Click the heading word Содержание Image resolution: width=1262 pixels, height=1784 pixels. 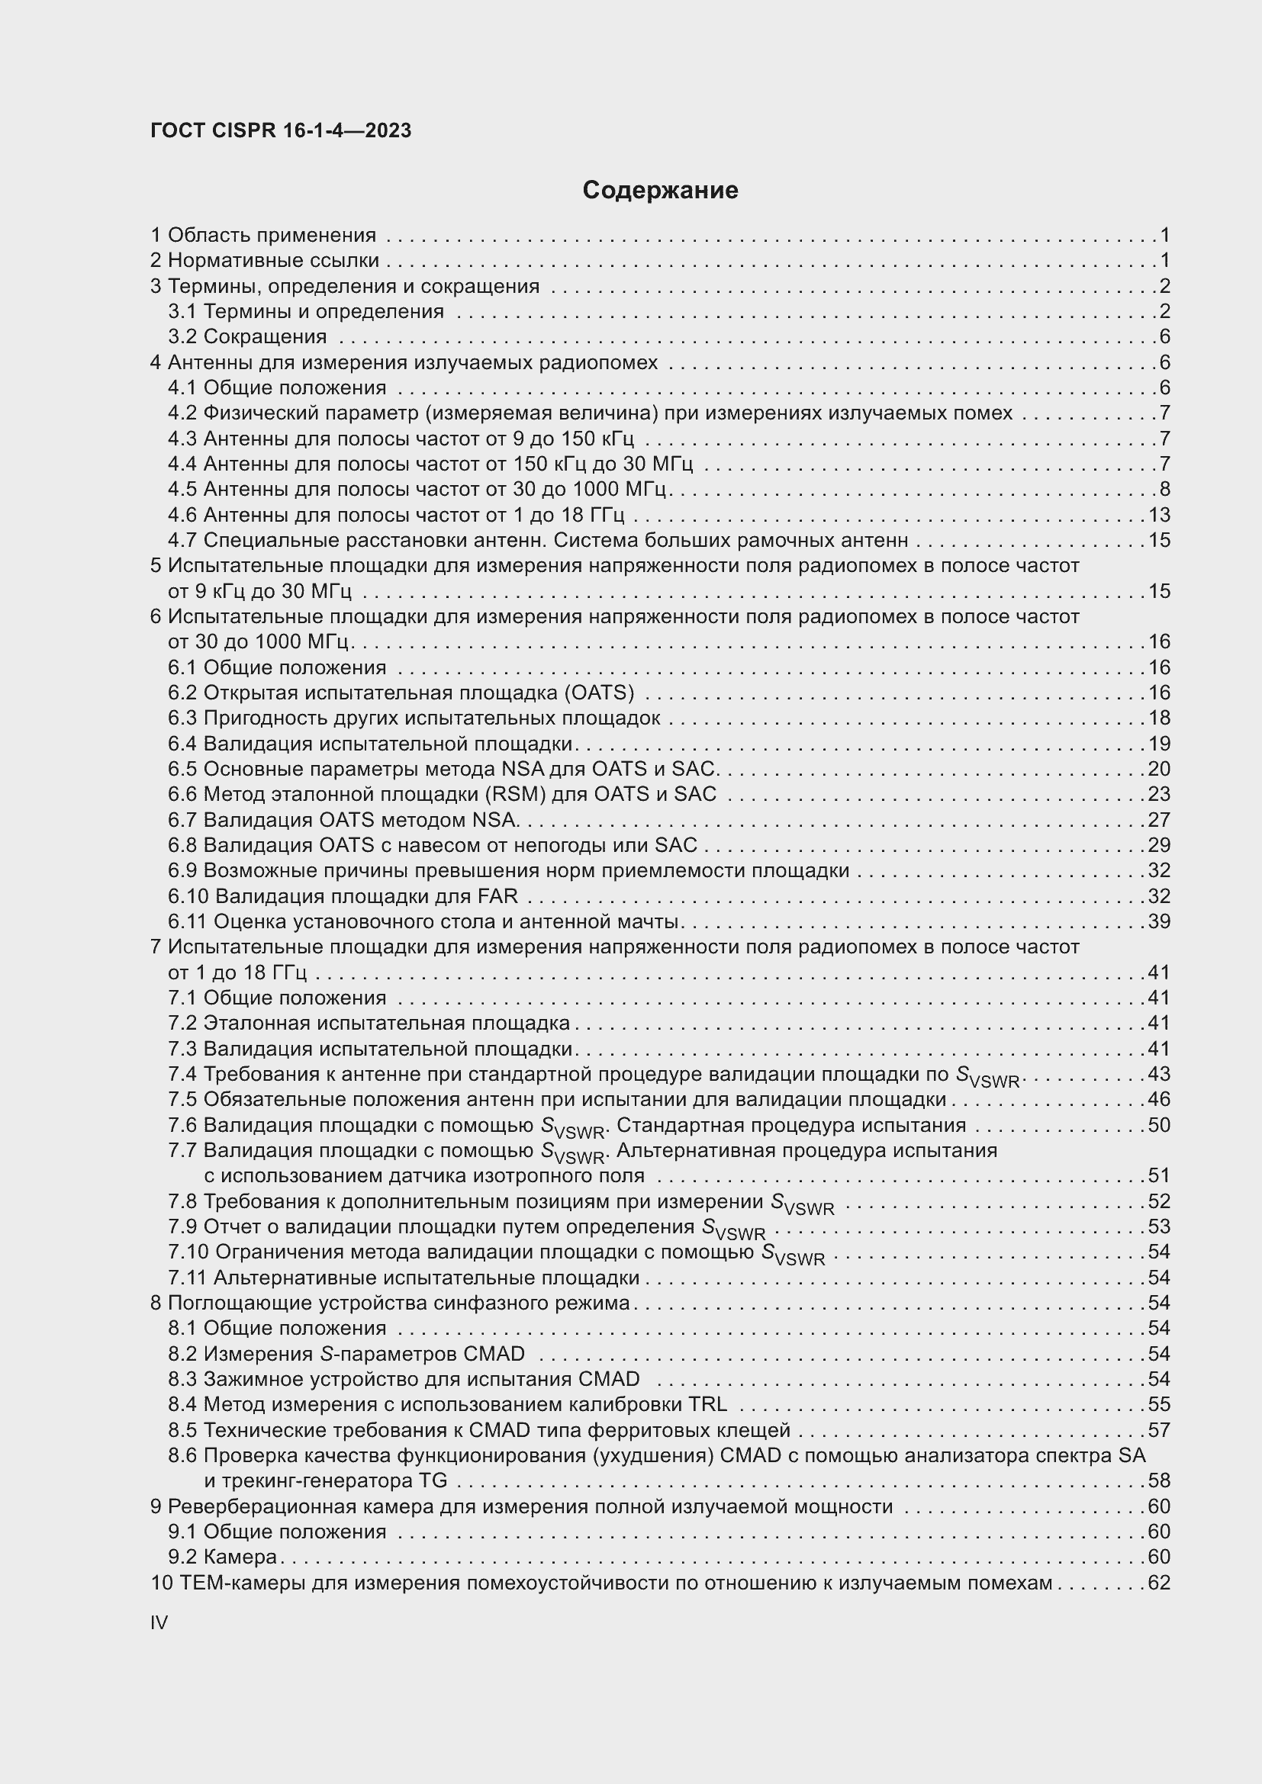[x=660, y=191]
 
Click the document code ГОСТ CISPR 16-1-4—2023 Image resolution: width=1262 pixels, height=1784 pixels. [x=281, y=130]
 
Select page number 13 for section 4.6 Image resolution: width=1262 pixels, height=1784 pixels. [x=1159, y=515]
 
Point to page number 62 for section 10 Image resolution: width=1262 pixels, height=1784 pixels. [x=1159, y=1583]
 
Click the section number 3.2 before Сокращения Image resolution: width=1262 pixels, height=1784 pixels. [x=182, y=336]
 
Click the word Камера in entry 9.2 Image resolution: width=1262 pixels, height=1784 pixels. [x=240, y=1557]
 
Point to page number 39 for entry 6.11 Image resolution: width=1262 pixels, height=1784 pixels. [x=1159, y=921]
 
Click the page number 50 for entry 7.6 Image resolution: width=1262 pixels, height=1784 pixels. [x=1159, y=1124]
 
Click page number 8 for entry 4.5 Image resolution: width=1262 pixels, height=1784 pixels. [x=1164, y=489]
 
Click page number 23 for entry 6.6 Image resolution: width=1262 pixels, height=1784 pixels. [x=1159, y=794]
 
